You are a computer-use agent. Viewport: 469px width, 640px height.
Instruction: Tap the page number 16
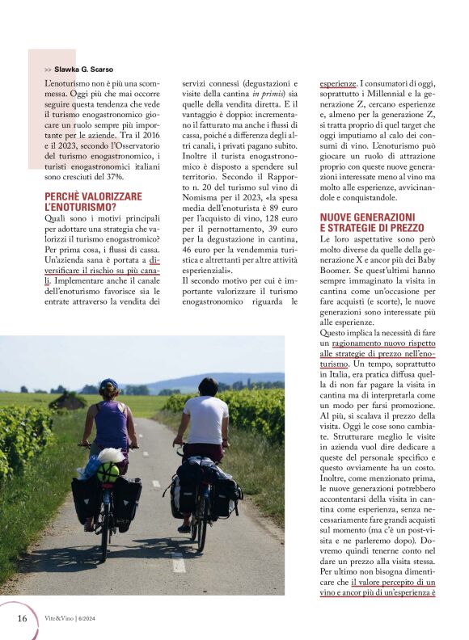23,618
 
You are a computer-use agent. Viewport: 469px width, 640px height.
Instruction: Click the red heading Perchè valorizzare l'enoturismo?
93,202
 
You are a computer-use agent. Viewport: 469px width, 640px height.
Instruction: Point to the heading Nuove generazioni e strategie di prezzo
368,223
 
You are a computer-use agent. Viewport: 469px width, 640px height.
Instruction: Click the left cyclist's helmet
109,385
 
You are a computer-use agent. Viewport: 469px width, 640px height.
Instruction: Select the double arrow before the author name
49,70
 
